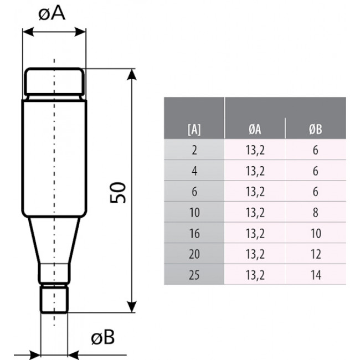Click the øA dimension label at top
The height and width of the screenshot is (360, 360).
[53, 13]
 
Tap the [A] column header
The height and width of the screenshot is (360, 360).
[194, 129]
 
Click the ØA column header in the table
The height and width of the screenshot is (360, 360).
[255, 129]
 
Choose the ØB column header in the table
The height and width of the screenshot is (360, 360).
[315, 129]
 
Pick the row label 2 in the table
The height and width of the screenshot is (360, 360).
[194, 150]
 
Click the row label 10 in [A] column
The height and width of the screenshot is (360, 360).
[194, 212]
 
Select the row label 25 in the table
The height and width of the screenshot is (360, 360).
[194, 274]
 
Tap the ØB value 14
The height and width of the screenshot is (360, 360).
[315, 274]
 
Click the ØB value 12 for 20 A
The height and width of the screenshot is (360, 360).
[315, 254]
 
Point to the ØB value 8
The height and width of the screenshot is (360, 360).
[315, 212]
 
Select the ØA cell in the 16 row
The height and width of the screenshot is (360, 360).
[255, 233]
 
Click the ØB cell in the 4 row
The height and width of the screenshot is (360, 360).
[315, 171]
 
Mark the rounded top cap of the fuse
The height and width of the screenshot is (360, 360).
[54, 82]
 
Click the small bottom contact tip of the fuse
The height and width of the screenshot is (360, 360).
[54, 299]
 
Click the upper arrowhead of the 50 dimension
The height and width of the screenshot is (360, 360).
[132, 74]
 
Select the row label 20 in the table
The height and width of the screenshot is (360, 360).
[194, 254]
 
